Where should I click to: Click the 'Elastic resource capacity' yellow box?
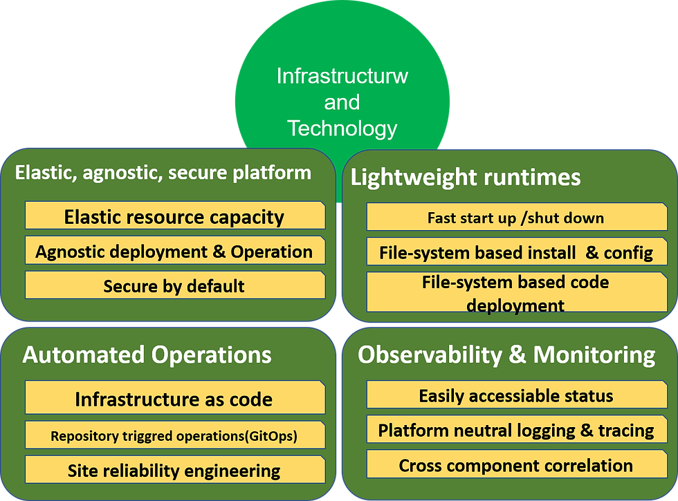(175, 215)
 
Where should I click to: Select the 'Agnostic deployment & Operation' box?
(175, 250)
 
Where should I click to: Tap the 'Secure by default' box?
(175, 285)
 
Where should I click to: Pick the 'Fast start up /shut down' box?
(517, 217)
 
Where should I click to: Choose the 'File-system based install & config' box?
(517, 252)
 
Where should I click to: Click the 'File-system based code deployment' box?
(517, 292)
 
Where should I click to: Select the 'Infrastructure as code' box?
(175, 397)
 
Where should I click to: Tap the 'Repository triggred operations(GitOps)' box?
(175, 435)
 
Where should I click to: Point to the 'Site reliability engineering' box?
(175, 469)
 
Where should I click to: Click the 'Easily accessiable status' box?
(517, 395)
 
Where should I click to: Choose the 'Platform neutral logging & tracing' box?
(517, 429)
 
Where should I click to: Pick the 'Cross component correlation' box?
(517, 464)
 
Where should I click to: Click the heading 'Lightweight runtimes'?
(465, 178)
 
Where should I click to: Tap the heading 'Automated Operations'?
(147, 355)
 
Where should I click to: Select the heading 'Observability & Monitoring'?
(506, 355)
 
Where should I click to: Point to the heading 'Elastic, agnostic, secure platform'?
(163, 173)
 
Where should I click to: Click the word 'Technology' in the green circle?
(342, 129)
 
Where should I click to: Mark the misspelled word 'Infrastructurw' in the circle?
(342, 76)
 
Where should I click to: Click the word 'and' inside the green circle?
(342, 102)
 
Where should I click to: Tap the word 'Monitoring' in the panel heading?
(594, 355)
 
